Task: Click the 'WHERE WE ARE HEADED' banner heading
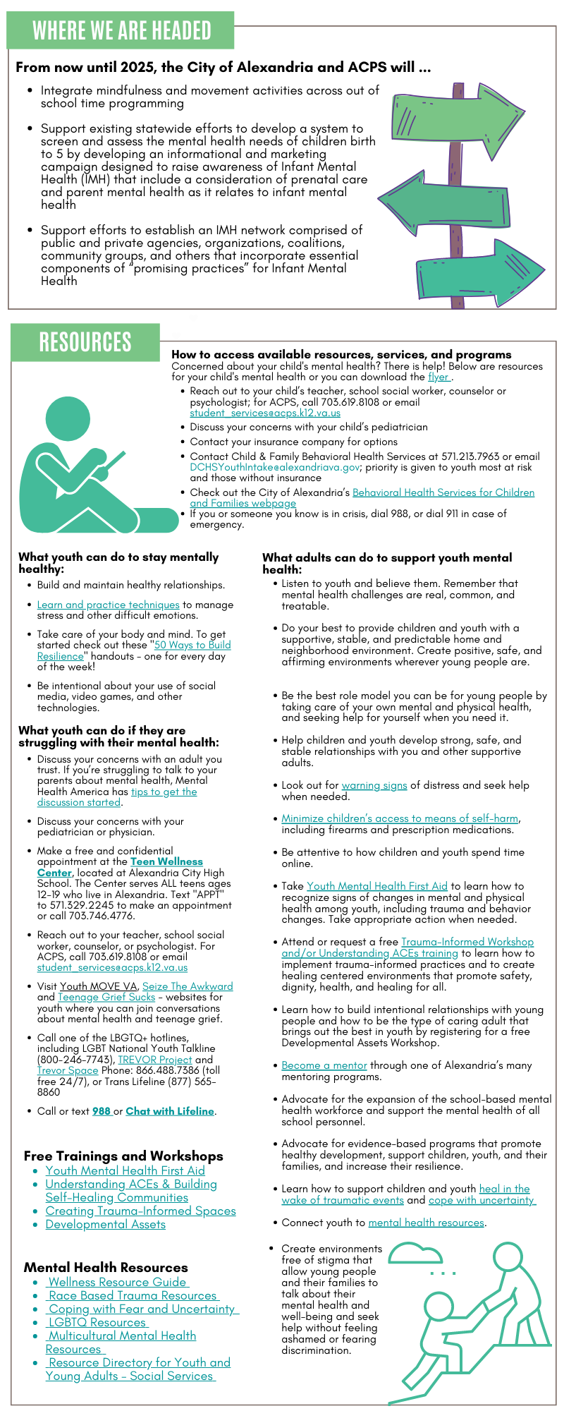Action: tap(121, 30)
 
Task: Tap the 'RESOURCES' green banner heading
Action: tap(85, 342)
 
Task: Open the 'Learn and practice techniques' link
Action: tap(109, 605)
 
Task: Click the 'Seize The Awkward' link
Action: tap(188, 986)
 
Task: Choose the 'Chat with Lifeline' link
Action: tap(170, 1111)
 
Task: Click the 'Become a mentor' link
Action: tap(324, 1065)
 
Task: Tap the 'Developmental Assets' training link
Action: tap(106, 1224)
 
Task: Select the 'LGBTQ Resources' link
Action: tap(97, 1322)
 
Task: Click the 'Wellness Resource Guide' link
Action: tap(118, 1282)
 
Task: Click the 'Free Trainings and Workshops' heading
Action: tap(123, 1156)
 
